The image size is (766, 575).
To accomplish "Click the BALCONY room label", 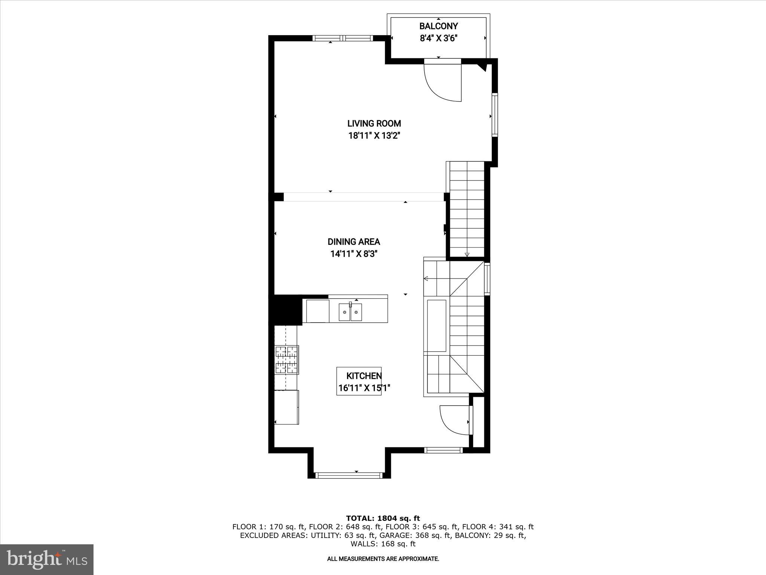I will coord(438,26).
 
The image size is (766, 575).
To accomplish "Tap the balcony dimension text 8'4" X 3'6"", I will coord(438,38).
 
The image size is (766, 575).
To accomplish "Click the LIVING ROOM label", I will coord(374,124).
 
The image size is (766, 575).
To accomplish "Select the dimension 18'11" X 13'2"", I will coord(374,136).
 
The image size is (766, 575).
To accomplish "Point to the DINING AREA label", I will coord(354,242).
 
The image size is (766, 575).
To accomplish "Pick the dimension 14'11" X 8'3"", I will coord(354,254).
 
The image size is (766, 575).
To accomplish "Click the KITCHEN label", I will coord(364,376).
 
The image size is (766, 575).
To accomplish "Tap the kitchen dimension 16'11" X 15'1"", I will coord(364,388).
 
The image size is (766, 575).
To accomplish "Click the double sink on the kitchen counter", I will coord(350,312).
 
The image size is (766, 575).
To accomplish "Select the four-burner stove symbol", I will coord(287,360).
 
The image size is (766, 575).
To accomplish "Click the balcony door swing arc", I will coord(441,84).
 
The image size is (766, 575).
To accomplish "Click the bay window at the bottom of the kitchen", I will coord(349,475).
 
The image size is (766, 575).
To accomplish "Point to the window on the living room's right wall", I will coord(495,115).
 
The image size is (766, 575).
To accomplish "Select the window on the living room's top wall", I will coord(343,38).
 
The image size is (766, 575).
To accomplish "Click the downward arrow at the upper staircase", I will coord(467,255).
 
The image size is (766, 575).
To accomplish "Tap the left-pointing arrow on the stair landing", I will coord(426,278).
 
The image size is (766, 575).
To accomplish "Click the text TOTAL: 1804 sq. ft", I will coord(383,518).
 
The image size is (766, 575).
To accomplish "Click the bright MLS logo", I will coord(47,559).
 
